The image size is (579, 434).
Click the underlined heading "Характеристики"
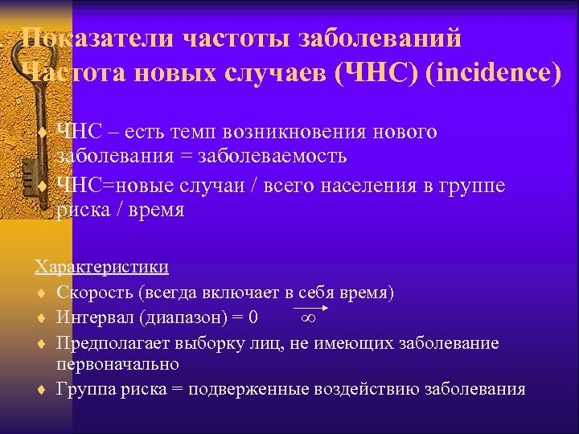[101, 267]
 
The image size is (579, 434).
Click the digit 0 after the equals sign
[254, 317]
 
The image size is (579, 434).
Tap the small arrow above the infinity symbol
[311, 308]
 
